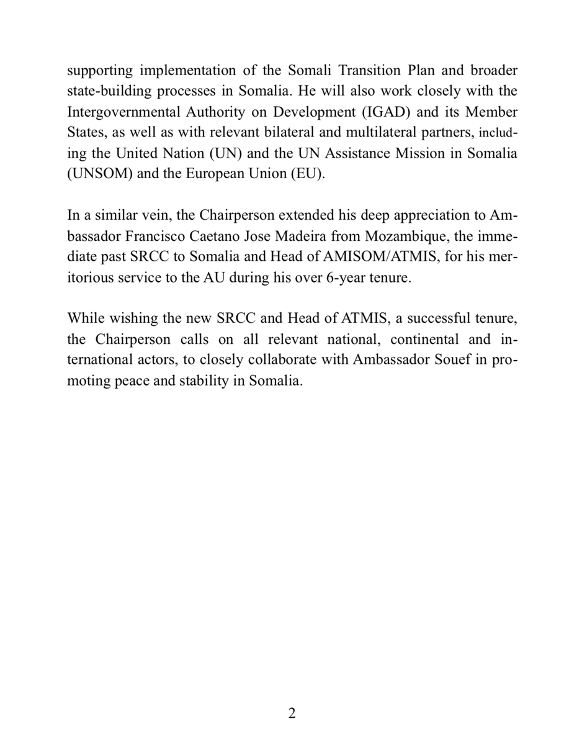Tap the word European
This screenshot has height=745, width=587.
pos(218,174)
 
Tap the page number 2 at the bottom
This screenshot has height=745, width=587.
pos(292,713)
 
